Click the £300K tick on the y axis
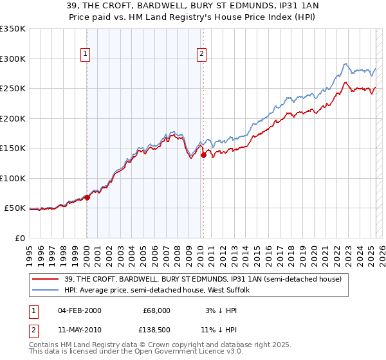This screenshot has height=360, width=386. pos(13,59)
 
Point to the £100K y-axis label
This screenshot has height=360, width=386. pos(13,178)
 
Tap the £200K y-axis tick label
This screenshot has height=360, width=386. pos(13,118)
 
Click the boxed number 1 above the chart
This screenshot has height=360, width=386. pos(86,54)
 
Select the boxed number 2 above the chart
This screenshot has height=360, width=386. pos(202,54)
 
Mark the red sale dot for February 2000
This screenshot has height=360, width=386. pos(87,198)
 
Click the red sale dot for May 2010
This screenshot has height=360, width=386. pos(203,155)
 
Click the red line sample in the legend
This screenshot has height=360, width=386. pos(45,278)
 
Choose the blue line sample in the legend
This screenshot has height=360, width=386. pos(45,290)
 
